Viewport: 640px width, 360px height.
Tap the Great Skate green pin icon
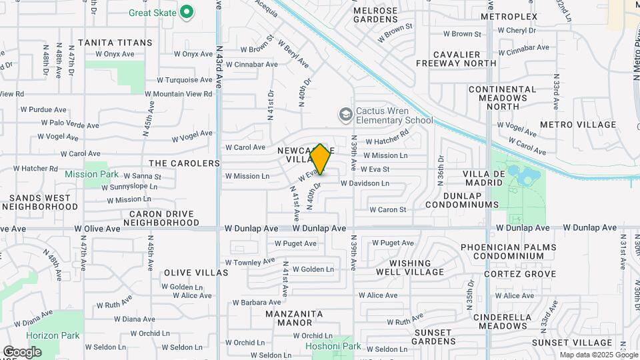(x=187, y=12)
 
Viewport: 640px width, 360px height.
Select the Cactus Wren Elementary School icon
(x=345, y=115)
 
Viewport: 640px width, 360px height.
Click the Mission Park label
(x=91, y=174)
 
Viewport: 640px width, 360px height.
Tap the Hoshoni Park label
(x=333, y=346)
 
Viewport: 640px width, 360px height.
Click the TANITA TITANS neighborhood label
(x=115, y=43)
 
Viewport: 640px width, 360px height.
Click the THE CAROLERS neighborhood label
(x=184, y=163)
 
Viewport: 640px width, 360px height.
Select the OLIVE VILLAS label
(x=196, y=273)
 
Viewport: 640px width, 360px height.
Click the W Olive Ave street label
(x=97, y=229)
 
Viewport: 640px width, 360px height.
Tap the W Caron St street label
(x=388, y=210)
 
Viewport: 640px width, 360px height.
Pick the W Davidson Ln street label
(x=365, y=183)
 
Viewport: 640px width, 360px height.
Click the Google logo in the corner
(x=22, y=352)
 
